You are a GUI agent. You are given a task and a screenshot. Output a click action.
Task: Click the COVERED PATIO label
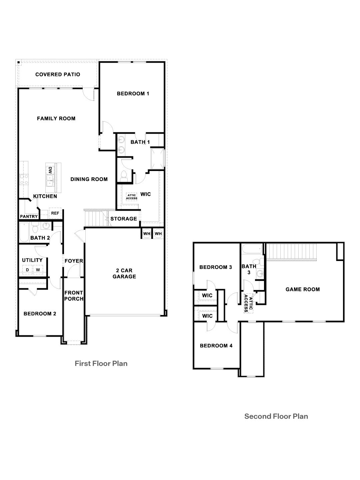coord(58,74)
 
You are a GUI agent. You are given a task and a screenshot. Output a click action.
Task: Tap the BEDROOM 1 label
coord(133,94)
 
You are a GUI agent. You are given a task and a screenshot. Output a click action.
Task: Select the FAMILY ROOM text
coord(56,118)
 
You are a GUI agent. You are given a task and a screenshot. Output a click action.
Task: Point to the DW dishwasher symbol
coord(50,170)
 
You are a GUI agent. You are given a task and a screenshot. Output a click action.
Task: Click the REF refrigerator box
coord(55,213)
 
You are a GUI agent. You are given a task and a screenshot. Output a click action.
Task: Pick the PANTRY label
coord(29,217)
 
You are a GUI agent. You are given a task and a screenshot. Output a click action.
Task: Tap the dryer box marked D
coord(27,269)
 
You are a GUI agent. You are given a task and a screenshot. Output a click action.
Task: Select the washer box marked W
coord(38,269)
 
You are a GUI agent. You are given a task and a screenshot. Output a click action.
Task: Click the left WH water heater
coord(147,234)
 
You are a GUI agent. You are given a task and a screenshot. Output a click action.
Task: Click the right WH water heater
coord(158,234)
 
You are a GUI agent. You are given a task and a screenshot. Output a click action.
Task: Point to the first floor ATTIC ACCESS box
coord(132,197)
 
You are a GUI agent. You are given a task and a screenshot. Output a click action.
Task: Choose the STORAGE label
coord(124,219)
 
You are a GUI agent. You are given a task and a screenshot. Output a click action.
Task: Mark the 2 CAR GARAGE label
coord(124,273)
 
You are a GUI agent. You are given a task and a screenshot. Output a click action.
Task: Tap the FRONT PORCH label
coord(74,296)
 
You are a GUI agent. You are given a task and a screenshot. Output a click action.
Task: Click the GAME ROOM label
coord(302,289)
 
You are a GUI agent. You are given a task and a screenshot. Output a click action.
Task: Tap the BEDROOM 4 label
coord(216,346)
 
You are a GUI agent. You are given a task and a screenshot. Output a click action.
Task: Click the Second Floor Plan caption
coord(276,416)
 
